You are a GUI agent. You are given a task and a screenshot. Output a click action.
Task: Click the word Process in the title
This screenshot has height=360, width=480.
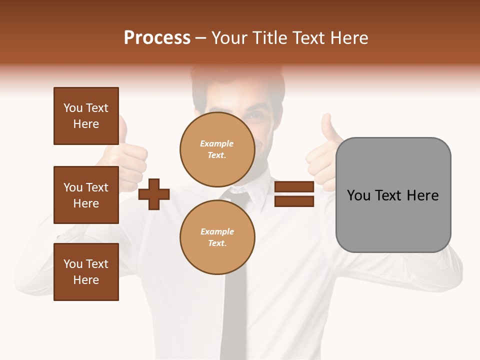pos(157,38)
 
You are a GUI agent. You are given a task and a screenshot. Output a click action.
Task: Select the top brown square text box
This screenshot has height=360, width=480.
pos(86,116)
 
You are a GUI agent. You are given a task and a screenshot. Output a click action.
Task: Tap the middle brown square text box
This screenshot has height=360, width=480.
pos(86,195)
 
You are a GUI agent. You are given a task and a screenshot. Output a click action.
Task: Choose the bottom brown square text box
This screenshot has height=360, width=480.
pos(86,272)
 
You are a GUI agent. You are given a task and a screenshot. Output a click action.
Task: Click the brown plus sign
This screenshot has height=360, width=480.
pos(154,193)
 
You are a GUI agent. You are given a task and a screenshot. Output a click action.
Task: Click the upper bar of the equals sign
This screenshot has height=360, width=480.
pos(294,187)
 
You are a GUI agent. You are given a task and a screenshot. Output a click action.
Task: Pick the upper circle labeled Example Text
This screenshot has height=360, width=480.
pos(217,149)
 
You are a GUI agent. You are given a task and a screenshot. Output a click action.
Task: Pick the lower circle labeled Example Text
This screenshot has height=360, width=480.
pos(217,237)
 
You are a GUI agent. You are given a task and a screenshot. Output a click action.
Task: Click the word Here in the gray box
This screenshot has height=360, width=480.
pos(422,195)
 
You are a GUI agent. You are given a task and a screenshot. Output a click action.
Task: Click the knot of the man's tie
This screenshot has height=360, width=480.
pos(239,195)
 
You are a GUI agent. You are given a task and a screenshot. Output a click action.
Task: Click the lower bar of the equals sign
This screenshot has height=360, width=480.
pos(294,201)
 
